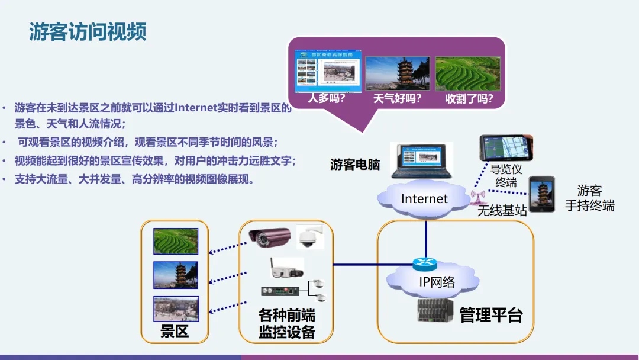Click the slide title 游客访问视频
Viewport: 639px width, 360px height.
click(88, 33)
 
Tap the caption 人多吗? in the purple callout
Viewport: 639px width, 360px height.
click(326, 98)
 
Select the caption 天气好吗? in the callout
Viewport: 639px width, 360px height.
click(397, 98)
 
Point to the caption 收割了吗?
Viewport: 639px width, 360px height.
click(469, 98)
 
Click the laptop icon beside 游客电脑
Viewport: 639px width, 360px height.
click(421, 160)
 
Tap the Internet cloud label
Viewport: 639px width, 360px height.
click(424, 199)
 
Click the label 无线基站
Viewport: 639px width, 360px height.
click(502, 211)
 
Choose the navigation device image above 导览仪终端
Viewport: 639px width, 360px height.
click(506, 148)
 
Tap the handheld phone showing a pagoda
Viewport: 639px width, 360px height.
click(541, 194)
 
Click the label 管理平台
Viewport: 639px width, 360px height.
click(491, 314)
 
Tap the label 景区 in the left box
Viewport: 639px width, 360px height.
click(175, 332)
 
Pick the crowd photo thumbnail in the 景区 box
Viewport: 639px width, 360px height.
click(176, 308)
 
